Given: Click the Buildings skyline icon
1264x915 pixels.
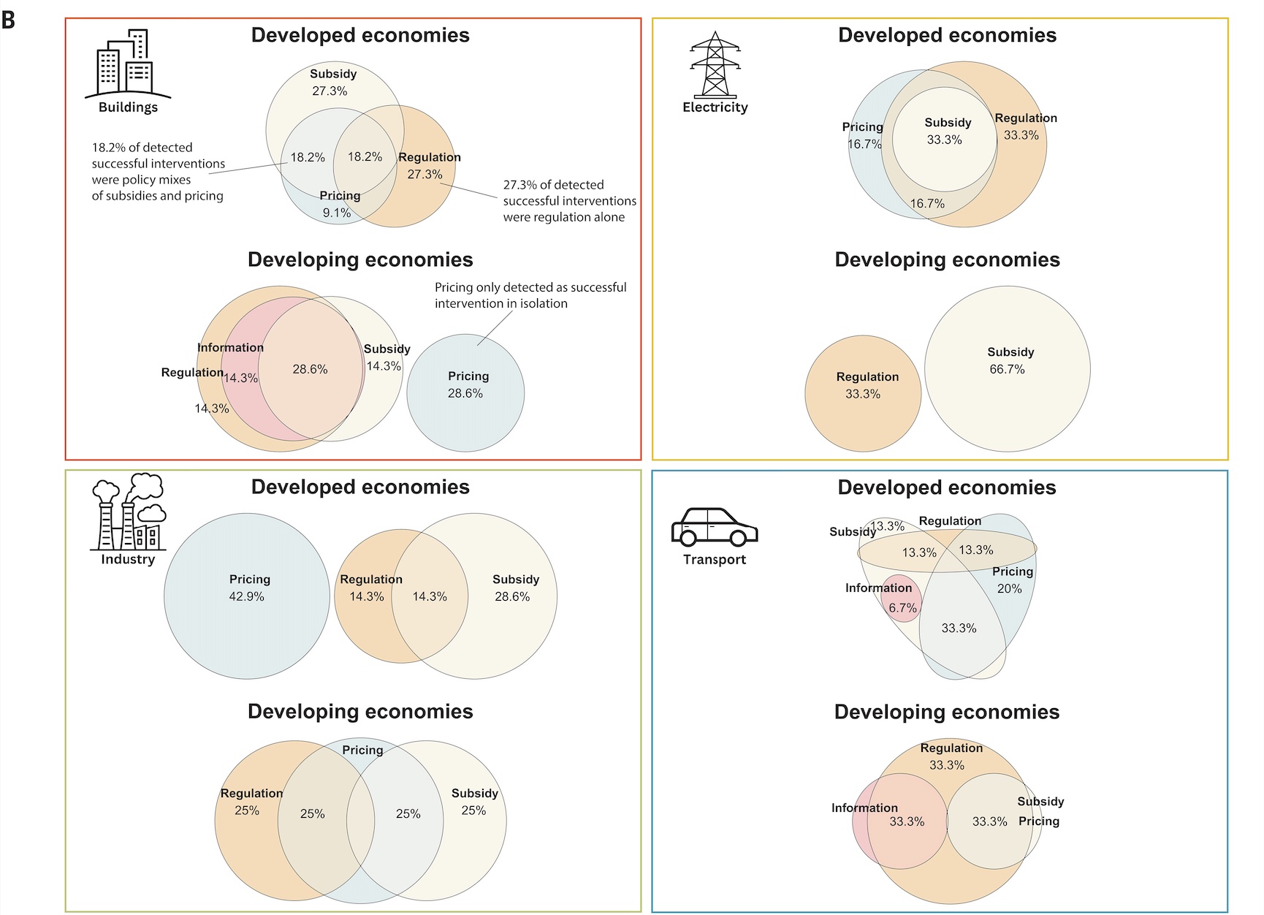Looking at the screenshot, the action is tap(128, 64).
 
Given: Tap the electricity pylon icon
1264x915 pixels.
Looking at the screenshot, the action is tap(715, 64).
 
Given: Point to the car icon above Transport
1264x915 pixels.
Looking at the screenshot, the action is tap(715, 528).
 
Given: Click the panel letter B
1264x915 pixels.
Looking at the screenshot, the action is tap(8, 20).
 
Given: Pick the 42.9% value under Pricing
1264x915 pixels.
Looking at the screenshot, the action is tap(247, 596).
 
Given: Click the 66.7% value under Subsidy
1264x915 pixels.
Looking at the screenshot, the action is tap(1007, 369).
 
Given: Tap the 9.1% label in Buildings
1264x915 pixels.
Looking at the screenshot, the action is tap(337, 213).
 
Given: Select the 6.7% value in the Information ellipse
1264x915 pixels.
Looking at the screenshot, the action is tap(902, 608).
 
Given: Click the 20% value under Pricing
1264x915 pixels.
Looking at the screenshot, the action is tap(1010, 588).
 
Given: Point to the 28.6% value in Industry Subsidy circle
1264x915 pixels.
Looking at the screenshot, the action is tap(512, 596).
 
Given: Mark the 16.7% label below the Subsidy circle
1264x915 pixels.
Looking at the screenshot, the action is tap(927, 203).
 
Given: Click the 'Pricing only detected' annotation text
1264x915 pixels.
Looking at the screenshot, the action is tap(530, 295).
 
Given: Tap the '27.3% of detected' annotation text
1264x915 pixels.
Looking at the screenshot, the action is tap(569, 201).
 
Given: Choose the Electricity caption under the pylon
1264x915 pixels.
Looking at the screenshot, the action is tap(715, 107).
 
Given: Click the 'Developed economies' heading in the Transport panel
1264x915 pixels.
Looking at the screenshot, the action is tap(947, 487).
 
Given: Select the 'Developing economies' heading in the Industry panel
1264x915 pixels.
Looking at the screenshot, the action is tap(360, 712).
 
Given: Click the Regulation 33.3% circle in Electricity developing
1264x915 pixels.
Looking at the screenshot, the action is tap(863, 393).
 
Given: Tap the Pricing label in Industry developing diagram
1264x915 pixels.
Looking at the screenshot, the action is tap(362, 750).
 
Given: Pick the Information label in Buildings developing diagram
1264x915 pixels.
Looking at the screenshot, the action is tap(230, 348).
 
